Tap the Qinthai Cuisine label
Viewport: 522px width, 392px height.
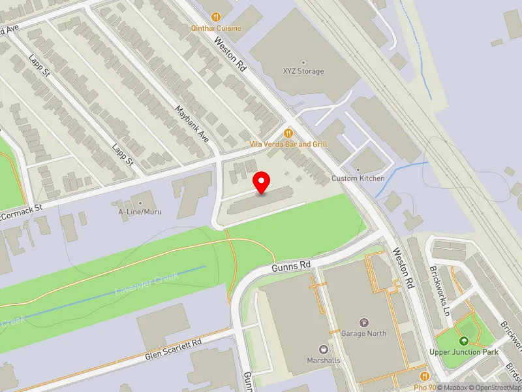(x=216, y=28)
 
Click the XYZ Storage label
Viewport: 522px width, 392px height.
(x=303, y=71)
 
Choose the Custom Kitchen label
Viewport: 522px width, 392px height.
(x=358, y=178)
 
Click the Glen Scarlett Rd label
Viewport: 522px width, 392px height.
(x=173, y=348)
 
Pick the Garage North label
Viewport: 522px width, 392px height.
(x=364, y=333)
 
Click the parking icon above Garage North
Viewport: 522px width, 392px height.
(x=364, y=323)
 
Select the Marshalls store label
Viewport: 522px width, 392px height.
(x=324, y=360)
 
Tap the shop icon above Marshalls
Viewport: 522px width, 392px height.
(x=324, y=350)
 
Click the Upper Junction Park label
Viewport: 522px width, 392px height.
(x=464, y=352)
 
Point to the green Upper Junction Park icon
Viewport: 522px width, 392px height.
(x=464, y=341)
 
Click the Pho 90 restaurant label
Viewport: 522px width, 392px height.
(x=424, y=387)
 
